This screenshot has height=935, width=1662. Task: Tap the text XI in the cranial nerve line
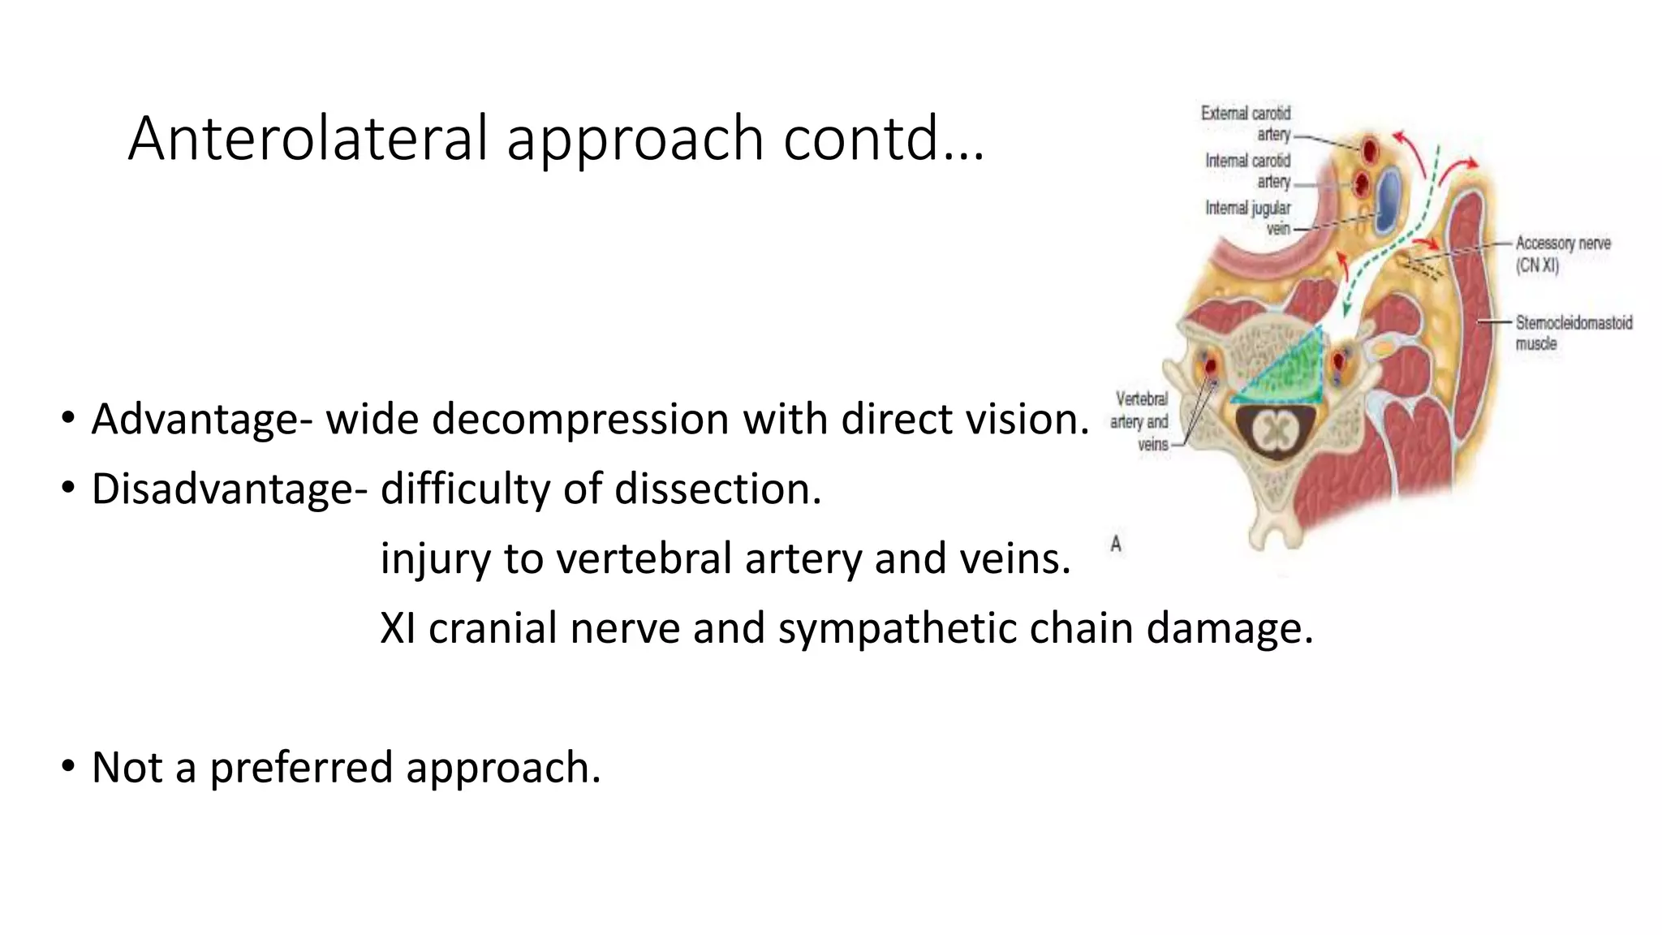click(398, 628)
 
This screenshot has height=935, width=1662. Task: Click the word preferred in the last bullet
click(301, 767)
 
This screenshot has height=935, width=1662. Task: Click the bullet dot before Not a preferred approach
click(68, 765)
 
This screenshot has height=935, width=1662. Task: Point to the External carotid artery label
click(1246, 123)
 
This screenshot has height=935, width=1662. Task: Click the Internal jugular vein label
click(1248, 218)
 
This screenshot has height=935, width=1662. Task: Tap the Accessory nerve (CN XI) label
click(1561, 253)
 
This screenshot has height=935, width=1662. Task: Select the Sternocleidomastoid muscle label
click(1573, 333)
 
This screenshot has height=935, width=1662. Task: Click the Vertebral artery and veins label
click(1140, 421)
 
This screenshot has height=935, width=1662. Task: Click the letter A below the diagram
click(1116, 544)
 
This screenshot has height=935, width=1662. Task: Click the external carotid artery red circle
click(1371, 148)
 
